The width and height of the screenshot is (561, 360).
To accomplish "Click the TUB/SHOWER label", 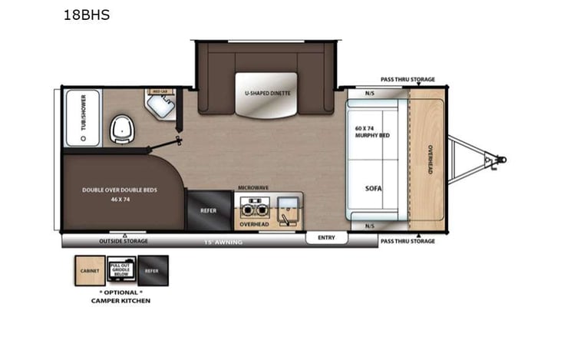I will click(x=83, y=119).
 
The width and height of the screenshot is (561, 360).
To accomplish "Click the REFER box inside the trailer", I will click(x=208, y=208).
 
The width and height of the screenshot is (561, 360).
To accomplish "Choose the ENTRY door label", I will click(x=326, y=238).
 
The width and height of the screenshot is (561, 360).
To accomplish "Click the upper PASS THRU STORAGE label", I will click(x=408, y=79).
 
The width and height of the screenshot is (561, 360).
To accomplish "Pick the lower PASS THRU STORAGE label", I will click(x=408, y=241).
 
